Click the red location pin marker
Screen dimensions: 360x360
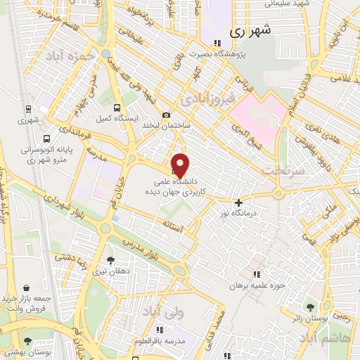(x=181, y=165)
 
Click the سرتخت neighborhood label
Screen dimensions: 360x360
(x=281, y=171)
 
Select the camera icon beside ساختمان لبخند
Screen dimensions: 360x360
(x=166, y=115)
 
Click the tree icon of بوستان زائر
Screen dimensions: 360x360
(x=311, y=306)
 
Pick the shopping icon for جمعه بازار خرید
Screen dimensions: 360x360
(x=26, y=288)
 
